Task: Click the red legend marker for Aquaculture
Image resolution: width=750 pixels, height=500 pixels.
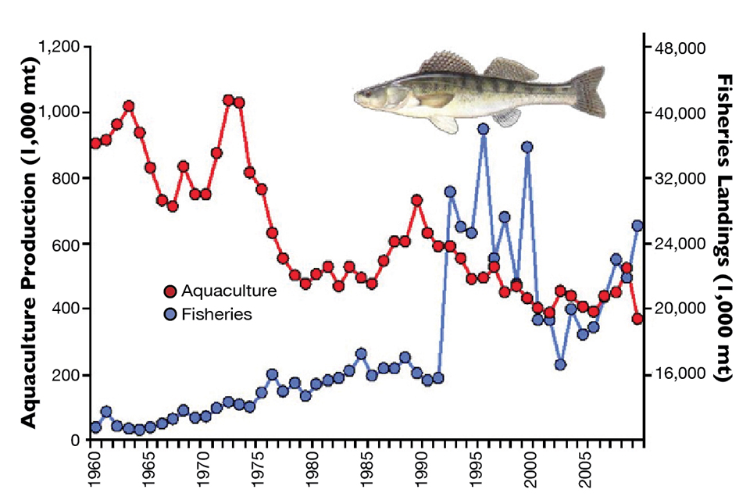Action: (x=170, y=292)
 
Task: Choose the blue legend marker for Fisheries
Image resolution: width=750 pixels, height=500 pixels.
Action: (x=170, y=314)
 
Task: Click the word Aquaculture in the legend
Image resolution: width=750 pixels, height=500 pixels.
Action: (x=229, y=292)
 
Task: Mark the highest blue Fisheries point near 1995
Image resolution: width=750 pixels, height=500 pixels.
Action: (x=483, y=129)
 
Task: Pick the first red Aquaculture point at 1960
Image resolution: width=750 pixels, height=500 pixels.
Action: (x=95, y=143)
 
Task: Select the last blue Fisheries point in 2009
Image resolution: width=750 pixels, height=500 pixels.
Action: (x=637, y=226)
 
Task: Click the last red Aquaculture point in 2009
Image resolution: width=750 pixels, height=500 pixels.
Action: (x=637, y=319)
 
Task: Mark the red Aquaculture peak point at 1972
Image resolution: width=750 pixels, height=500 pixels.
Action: (x=228, y=100)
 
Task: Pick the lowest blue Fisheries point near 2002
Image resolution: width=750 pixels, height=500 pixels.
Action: (x=560, y=364)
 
